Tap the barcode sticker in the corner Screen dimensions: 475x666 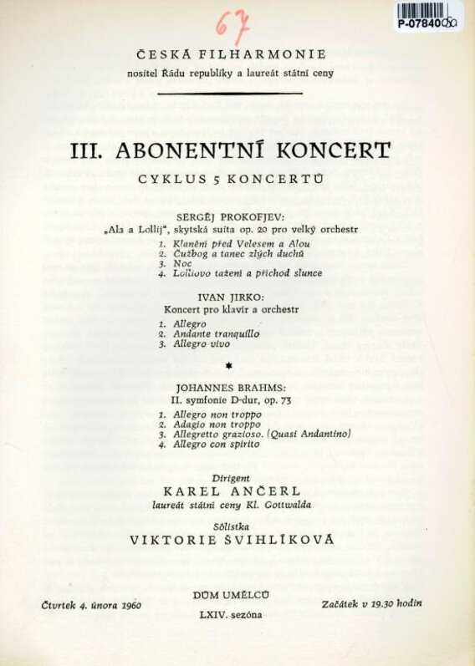(x=429, y=17)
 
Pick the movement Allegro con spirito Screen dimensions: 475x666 (x=217, y=445)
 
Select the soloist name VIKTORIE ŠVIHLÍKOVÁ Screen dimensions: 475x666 (x=231, y=540)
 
